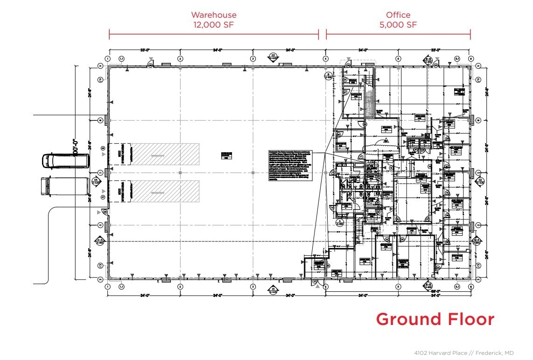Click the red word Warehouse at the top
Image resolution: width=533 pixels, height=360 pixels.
pos(214,15)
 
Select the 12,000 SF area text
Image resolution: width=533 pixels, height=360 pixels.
pos(214,25)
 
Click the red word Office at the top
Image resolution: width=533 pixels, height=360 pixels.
pos(398,15)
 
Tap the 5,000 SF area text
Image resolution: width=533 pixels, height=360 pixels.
pos(398,25)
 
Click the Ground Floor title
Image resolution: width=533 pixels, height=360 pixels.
pos(435,319)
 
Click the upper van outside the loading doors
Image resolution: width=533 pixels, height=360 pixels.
pos(65,161)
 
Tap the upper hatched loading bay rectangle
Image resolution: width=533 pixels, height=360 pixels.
pos(165,154)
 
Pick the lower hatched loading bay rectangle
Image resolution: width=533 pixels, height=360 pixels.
pos(165,191)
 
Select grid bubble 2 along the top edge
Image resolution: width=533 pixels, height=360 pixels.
pos(180,59)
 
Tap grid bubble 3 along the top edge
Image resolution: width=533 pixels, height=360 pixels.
pos(253,59)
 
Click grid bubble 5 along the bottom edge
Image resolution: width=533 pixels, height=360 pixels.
pos(398,287)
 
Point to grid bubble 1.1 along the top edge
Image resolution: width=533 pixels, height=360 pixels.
pos(122,59)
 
